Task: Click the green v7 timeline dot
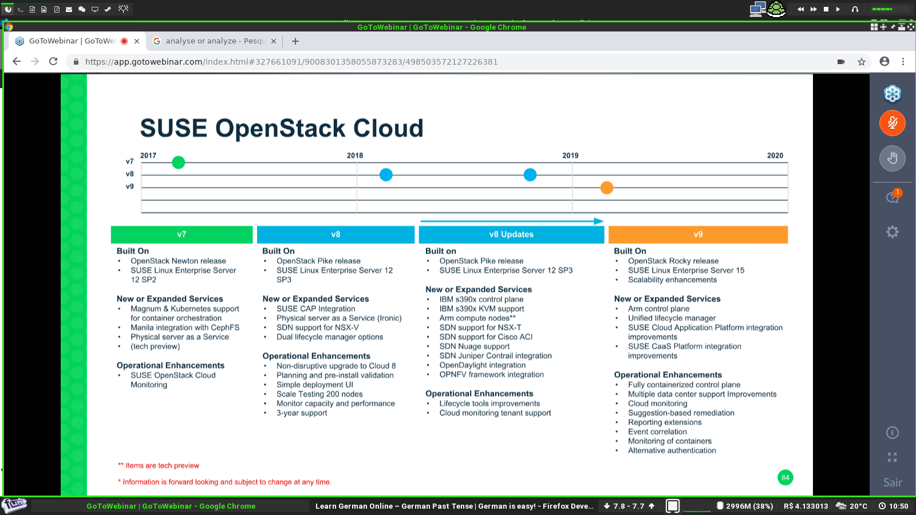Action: (x=178, y=163)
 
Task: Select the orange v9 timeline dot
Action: (x=606, y=188)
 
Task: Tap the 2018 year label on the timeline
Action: (x=354, y=155)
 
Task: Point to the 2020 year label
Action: (x=775, y=155)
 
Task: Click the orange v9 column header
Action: (x=698, y=235)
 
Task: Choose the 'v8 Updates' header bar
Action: (x=511, y=235)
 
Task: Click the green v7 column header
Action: (x=181, y=235)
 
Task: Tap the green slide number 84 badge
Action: (x=785, y=477)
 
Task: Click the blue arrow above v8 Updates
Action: (x=512, y=221)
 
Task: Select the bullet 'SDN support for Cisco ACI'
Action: (x=486, y=337)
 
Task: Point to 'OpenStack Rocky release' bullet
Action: (x=673, y=261)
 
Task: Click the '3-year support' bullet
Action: (x=302, y=413)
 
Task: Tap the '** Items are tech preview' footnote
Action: (x=159, y=466)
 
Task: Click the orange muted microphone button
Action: (x=893, y=123)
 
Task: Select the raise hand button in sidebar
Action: (x=893, y=158)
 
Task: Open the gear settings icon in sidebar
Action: (x=893, y=232)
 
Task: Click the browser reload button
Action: (x=53, y=62)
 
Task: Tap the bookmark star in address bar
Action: (x=862, y=62)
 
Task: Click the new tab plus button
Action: (x=295, y=41)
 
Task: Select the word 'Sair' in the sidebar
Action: (x=893, y=483)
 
